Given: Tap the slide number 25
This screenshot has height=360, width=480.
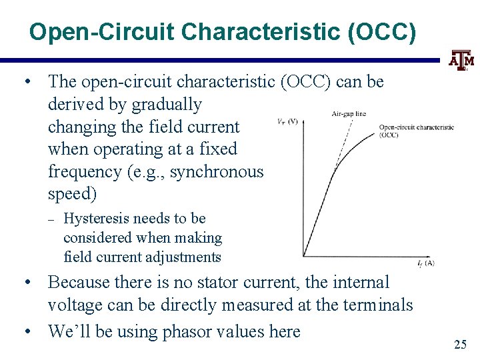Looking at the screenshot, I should [x=460, y=344].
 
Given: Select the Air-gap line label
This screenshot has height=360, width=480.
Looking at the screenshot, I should [x=349, y=114].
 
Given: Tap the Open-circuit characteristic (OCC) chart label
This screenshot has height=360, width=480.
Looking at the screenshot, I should [x=416, y=131].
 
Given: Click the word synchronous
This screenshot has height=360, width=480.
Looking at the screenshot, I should [x=217, y=171].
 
